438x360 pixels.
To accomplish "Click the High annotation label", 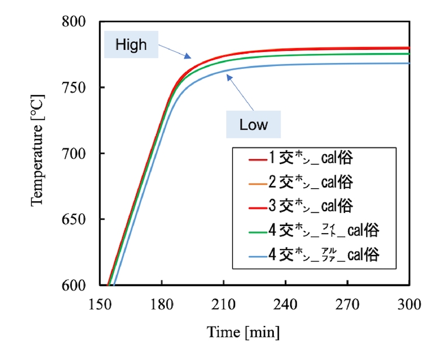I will (131, 44).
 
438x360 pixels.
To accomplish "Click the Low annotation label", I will (253, 124).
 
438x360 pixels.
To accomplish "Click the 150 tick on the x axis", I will (100, 304).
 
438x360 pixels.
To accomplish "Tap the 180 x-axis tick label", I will (162, 304).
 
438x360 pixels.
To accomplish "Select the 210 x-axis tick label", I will (224, 304).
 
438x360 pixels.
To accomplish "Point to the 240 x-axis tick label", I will (286, 304).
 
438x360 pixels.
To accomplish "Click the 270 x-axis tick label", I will (348, 304).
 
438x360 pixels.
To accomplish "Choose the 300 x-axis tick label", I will (410, 304).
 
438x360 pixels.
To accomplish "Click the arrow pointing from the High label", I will (175, 52).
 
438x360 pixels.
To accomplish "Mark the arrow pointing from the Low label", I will (240, 93).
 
